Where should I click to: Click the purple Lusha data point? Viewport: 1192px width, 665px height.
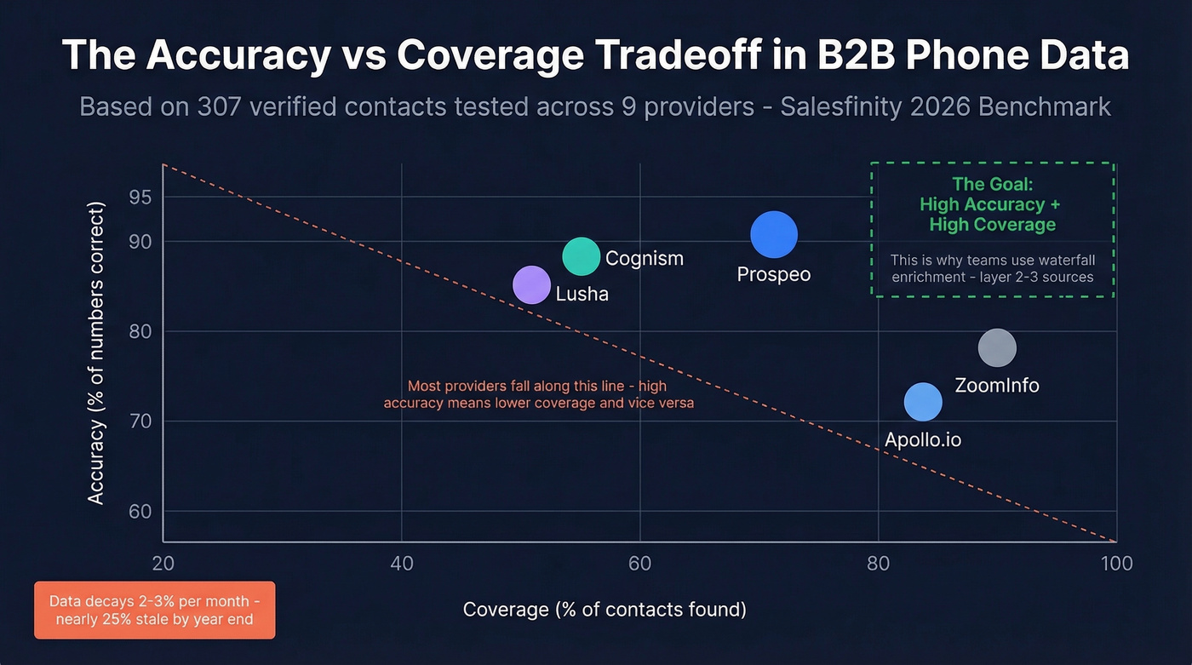tap(532, 285)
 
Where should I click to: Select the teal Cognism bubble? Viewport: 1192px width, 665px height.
tap(582, 257)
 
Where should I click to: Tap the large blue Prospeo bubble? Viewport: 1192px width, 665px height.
tap(774, 235)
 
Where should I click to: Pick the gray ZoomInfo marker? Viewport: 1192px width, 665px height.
tap(997, 347)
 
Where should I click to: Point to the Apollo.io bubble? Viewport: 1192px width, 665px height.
tap(923, 402)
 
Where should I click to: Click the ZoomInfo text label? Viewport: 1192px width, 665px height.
tap(997, 385)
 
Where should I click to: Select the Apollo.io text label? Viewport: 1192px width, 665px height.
tap(923, 440)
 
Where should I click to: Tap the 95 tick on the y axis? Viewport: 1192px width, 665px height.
tap(140, 198)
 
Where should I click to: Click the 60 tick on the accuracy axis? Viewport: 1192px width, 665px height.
tap(140, 512)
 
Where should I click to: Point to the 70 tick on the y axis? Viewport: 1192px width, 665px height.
tap(140, 421)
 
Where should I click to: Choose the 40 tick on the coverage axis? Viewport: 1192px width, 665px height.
tap(401, 564)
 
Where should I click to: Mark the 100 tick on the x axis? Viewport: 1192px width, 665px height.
tap(1115, 564)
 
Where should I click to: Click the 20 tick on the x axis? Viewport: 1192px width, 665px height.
tap(163, 564)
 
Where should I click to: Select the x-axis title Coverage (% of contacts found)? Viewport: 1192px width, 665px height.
tap(605, 610)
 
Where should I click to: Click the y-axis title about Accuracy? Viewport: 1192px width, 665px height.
tap(96, 353)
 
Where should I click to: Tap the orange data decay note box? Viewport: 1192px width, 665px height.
tap(154, 610)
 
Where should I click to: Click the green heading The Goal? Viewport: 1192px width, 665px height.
tap(992, 184)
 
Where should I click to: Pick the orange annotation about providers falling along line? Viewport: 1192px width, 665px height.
tap(538, 394)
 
